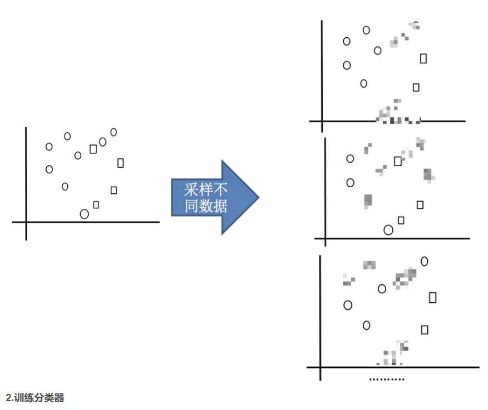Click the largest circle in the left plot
point(80,214)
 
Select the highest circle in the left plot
point(111,132)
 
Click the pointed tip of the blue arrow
point(259,197)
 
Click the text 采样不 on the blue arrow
point(206,189)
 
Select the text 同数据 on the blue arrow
point(206,206)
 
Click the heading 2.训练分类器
point(35,398)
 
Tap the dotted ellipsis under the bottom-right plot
point(387,379)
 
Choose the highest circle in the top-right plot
point(363,30)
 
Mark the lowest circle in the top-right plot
point(361,83)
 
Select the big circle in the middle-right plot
point(384,230)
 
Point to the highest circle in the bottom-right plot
point(421,262)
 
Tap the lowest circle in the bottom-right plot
point(363,326)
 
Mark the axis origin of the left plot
point(26,222)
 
